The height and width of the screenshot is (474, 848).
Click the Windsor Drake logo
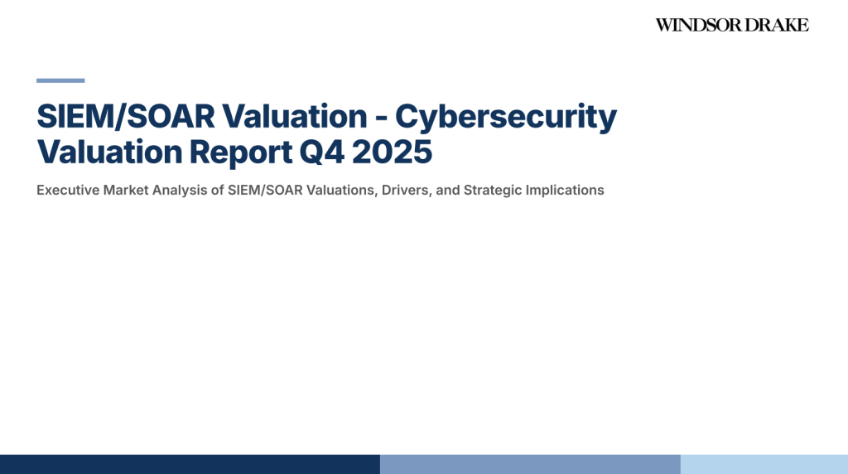(732, 25)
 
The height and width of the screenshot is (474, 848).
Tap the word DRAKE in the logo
(778, 25)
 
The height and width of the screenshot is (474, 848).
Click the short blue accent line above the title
(60, 80)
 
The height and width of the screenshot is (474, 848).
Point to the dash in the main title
(381, 118)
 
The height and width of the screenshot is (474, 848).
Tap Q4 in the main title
(321, 152)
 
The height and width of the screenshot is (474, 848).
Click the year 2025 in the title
(392, 152)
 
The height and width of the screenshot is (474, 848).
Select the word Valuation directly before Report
(110, 152)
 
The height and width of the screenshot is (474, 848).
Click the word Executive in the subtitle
(68, 191)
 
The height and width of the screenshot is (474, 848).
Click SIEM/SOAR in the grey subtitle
(265, 191)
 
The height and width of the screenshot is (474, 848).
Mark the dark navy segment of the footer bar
(190, 464)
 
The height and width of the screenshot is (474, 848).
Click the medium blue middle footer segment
(530, 464)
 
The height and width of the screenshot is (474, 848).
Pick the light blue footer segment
(764, 464)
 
